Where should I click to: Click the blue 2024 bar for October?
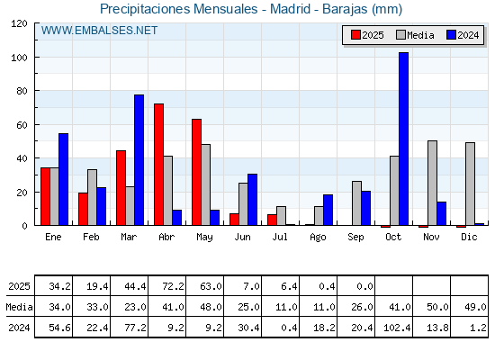[x=404, y=139]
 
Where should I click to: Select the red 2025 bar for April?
[x=158, y=164]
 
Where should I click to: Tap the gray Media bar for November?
[x=432, y=183]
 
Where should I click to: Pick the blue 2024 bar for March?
[x=139, y=160]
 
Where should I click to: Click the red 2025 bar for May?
[x=197, y=172]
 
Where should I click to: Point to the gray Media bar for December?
[x=470, y=184]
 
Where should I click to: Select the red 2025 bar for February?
[x=83, y=209]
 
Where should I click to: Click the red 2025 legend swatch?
[x=355, y=35]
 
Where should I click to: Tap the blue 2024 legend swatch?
[x=451, y=35]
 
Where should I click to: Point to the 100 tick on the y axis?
[x=35, y=58]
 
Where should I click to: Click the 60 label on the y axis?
[x=22, y=125]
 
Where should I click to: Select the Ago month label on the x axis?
[x=318, y=238]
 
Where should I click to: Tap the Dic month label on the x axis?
[x=469, y=237]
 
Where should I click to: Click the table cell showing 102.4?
[x=394, y=328]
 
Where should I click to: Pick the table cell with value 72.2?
[x=166, y=286]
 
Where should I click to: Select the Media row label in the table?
[x=19, y=307]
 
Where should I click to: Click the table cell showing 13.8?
[x=432, y=328]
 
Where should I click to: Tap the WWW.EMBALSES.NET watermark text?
[x=99, y=31]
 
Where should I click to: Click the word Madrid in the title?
[x=290, y=9]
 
